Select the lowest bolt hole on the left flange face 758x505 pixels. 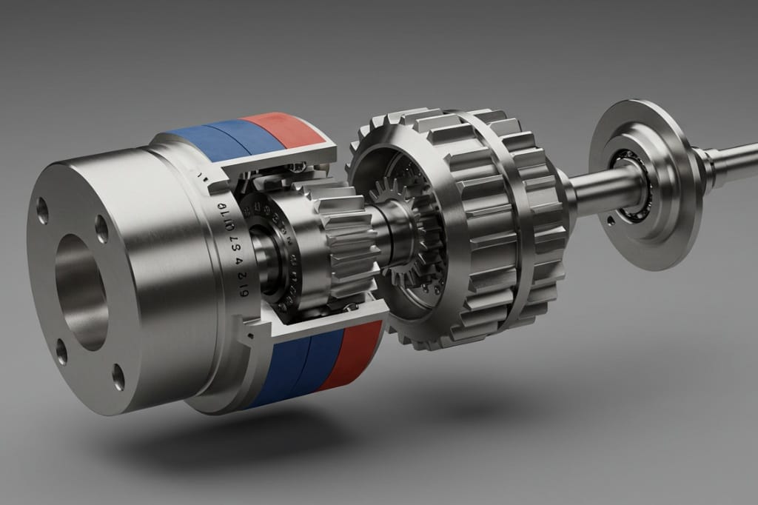[118, 375]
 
